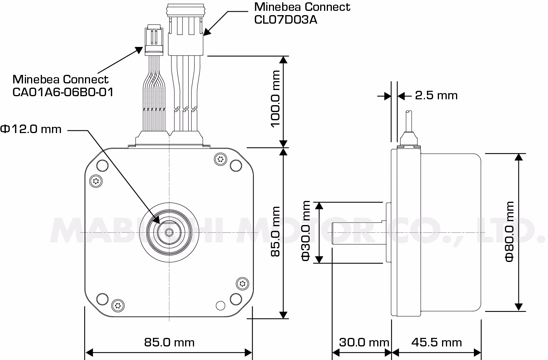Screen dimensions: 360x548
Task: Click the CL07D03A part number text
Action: click(285, 20)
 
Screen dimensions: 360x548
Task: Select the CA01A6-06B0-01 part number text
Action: click(63, 92)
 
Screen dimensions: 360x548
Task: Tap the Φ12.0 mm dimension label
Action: click(31, 129)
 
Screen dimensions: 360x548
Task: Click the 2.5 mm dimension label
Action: click(436, 95)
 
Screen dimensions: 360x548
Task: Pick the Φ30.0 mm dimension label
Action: click(306, 231)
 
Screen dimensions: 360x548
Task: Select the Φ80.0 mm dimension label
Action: click(510, 231)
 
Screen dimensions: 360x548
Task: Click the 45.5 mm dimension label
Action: click(436, 342)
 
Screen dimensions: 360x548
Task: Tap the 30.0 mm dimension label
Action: click(364, 342)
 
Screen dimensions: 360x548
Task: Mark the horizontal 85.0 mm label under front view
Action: click(169, 342)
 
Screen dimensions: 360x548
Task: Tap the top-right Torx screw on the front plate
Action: click(221, 158)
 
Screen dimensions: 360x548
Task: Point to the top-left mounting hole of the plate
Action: click(102, 166)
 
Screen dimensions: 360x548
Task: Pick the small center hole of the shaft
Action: click(169, 232)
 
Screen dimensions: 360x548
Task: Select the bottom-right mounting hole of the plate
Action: click(236, 299)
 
